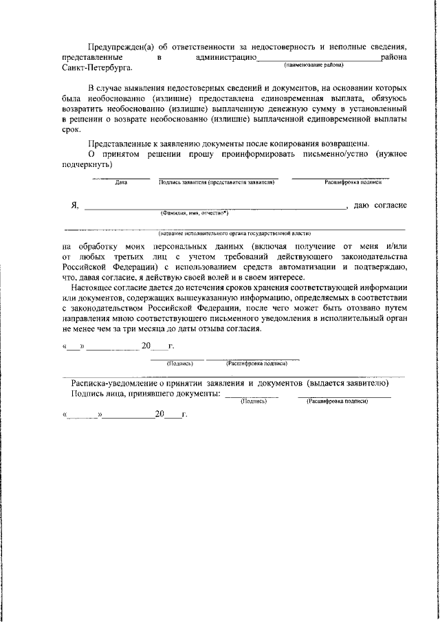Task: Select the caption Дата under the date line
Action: [x=122, y=183]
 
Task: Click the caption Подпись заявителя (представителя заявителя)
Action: [x=217, y=183]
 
